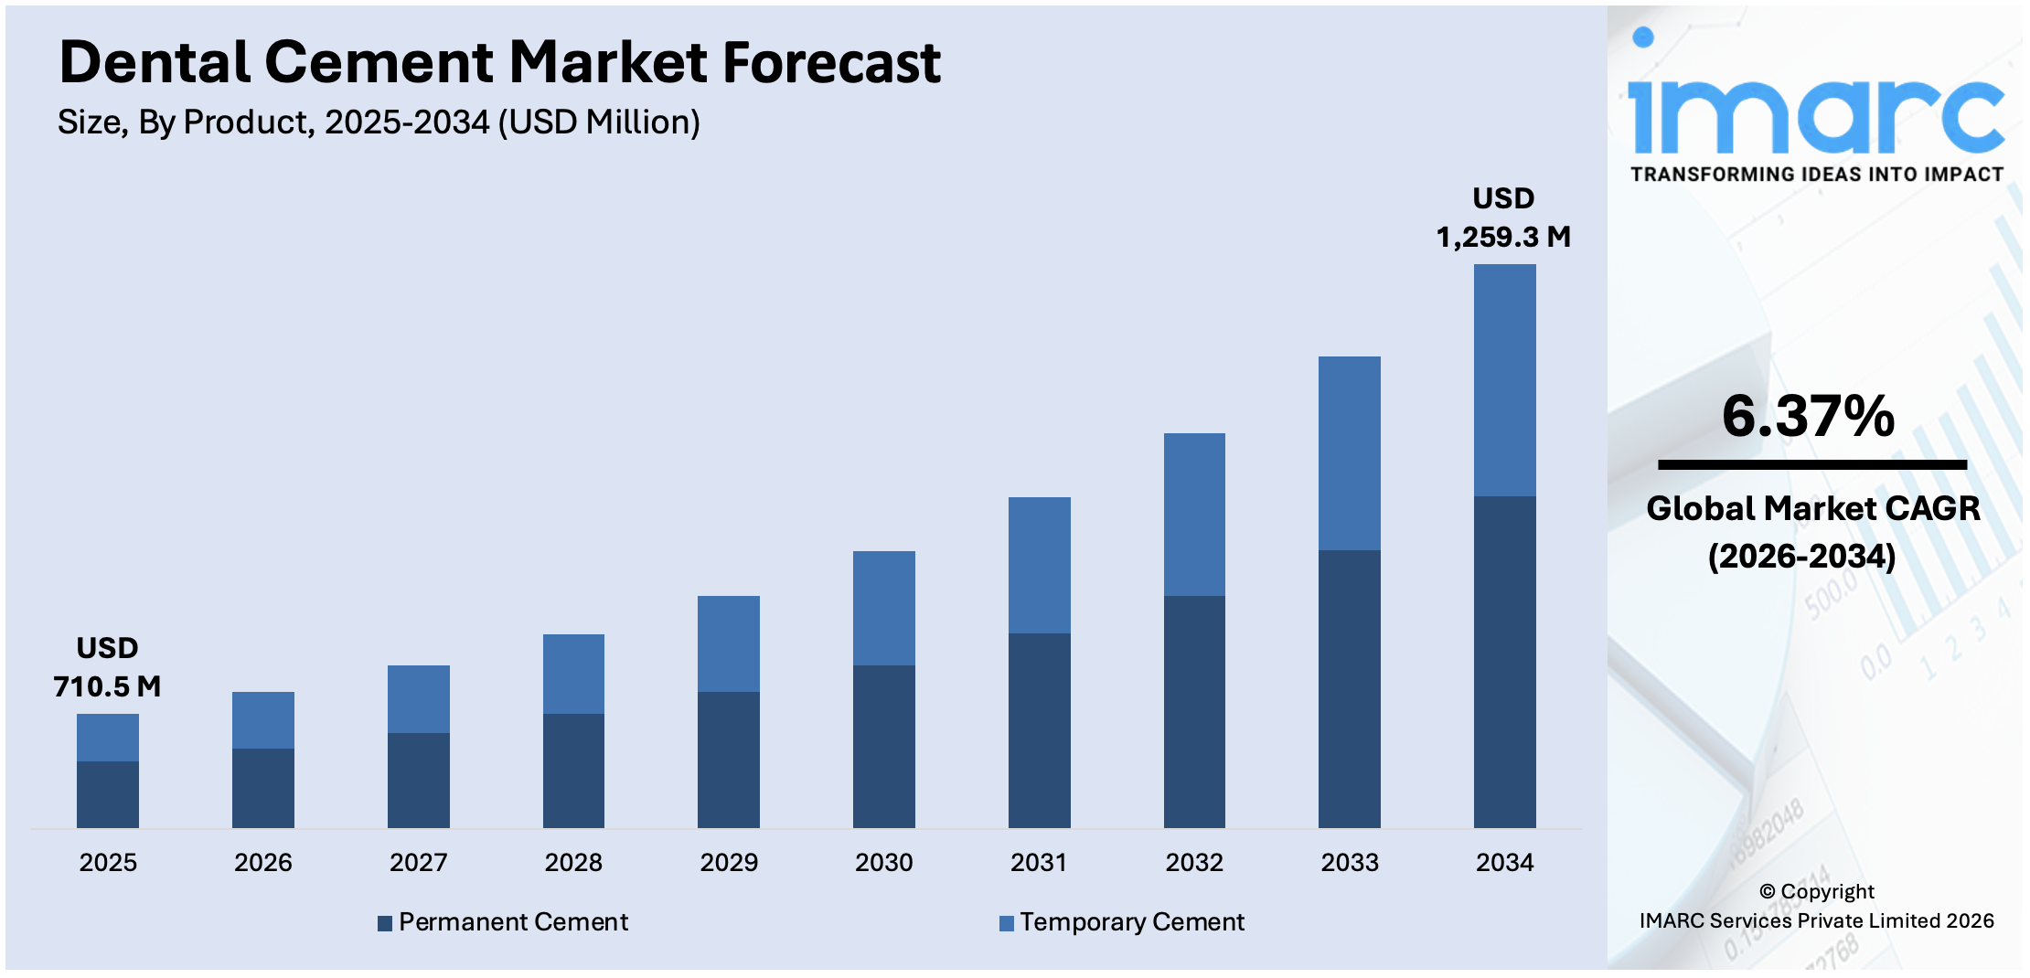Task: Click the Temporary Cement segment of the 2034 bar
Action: click(1504, 380)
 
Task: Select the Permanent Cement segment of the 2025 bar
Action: click(108, 794)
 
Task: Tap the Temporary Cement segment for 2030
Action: click(883, 608)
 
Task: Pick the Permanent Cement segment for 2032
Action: click(1194, 711)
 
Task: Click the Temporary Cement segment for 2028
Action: click(573, 674)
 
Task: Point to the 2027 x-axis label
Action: click(418, 862)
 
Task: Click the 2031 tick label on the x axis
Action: click(1039, 862)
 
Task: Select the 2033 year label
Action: click(1349, 862)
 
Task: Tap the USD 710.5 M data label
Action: click(107, 667)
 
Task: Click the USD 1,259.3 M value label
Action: click(1503, 218)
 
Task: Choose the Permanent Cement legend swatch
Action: click(385, 923)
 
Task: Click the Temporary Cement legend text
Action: click(1132, 921)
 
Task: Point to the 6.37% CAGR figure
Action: click(1808, 416)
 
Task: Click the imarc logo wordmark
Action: click(1816, 114)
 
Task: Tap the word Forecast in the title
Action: click(831, 62)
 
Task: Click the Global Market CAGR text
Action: click(1812, 508)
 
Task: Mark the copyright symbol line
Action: click(1816, 891)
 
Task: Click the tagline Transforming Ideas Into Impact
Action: click(1816, 174)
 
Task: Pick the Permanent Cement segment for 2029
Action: click(728, 759)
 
